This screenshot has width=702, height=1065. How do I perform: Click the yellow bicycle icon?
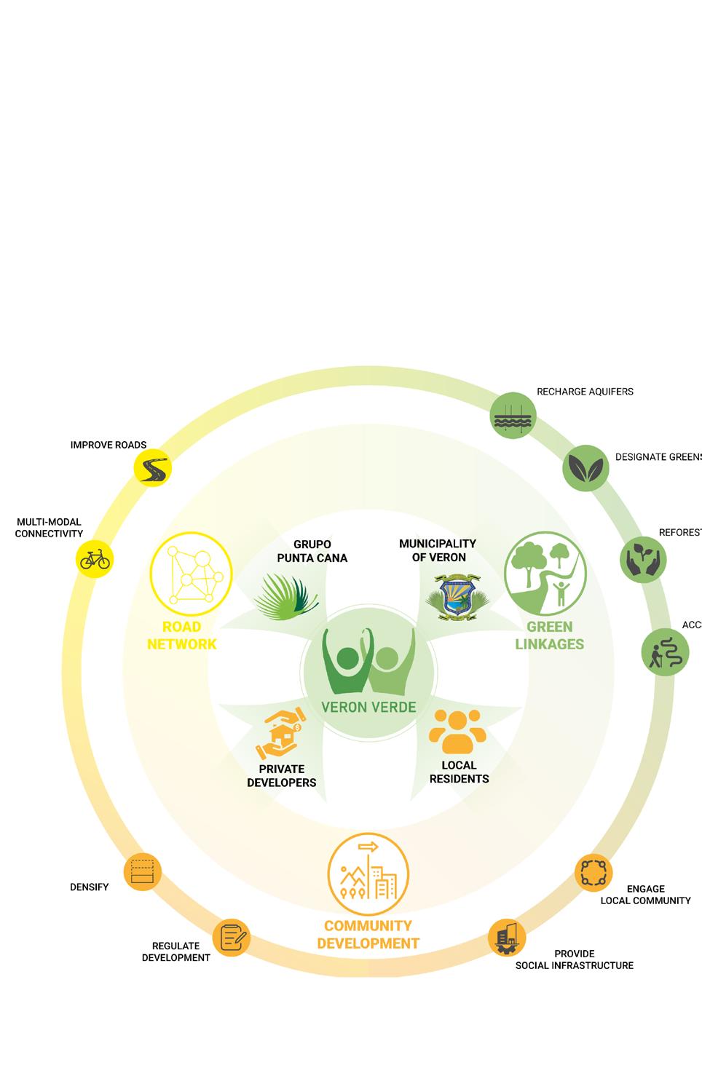pyautogui.click(x=95, y=559)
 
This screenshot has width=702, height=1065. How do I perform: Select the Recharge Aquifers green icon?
pyautogui.click(x=513, y=416)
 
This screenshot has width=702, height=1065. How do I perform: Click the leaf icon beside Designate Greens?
pyautogui.click(x=585, y=468)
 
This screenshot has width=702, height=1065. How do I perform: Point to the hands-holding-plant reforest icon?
pyautogui.click(x=643, y=560)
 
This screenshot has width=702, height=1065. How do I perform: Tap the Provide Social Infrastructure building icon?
pyautogui.click(x=507, y=938)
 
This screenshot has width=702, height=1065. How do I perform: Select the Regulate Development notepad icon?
pyautogui.click(x=231, y=938)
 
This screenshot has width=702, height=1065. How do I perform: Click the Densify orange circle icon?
pyautogui.click(x=142, y=871)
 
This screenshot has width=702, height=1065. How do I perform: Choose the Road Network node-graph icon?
pyautogui.click(x=191, y=572)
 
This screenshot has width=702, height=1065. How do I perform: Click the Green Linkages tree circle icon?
pyautogui.click(x=545, y=572)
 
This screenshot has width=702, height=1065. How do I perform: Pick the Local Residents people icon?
pyautogui.click(x=457, y=731)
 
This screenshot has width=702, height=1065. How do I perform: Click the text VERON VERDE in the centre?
pyautogui.click(x=369, y=707)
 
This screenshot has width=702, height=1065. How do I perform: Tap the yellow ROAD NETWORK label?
pyautogui.click(x=182, y=636)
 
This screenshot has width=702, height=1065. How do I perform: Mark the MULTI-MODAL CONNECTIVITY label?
pyautogui.click(x=49, y=528)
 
